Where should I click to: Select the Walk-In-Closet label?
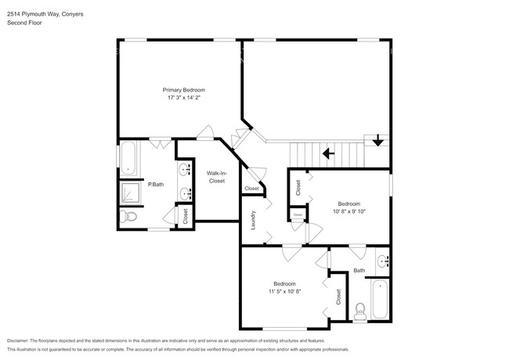pos(216,177)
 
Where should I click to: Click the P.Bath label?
pos(156,185)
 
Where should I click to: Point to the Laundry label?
pos(254,223)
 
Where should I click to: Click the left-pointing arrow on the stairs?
pos(331,153)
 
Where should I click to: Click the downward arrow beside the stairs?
pos(378,141)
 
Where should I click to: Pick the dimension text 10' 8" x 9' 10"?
pos(349,211)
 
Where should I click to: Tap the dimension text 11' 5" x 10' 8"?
pos(284,291)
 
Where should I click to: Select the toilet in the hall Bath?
pos(360,311)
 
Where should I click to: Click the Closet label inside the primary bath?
pos(185,216)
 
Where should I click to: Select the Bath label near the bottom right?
pos(359,271)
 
